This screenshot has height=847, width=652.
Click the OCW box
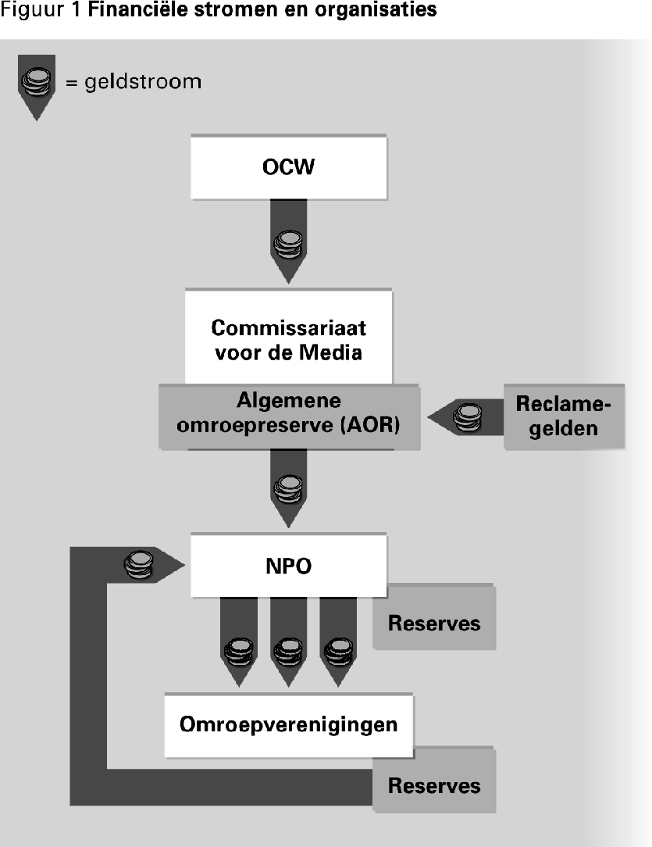(288, 168)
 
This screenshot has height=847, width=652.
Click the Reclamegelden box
(564, 416)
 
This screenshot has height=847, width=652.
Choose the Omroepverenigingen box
(288, 724)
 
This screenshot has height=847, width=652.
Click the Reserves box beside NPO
(434, 623)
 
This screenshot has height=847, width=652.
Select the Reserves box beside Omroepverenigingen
(434, 784)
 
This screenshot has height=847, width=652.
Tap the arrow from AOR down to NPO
(288, 489)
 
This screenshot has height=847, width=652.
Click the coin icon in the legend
(36, 82)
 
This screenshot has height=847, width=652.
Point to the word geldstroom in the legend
(142, 81)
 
